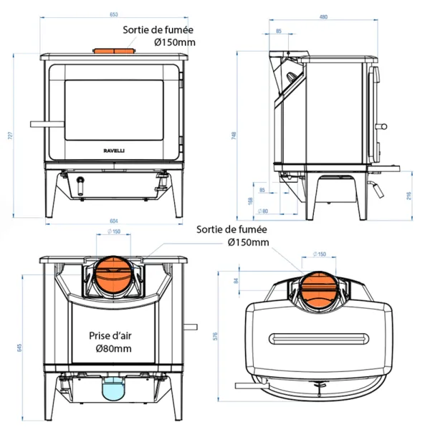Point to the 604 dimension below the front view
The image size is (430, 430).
pyautogui.click(x=113, y=220)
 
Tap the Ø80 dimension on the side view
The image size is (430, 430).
pyautogui.click(x=262, y=211)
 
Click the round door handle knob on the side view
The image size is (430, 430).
pyautogui.click(x=385, y=128)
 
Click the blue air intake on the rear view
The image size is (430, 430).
pyautogui.click(x=112, y=389)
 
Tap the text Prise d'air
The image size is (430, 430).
pyautogui.click(x=111, y=335)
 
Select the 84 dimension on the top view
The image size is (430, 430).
pyautogui.click(x=236, y=280)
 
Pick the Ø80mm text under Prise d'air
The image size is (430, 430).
pyautogui.click(x=113, y=348)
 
